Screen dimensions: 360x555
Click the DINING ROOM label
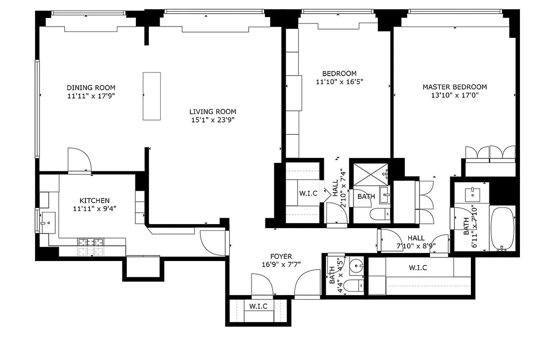click(91, 88)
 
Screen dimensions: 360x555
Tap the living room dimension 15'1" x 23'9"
click(212, 120)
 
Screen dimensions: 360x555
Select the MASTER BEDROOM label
click(454, 87)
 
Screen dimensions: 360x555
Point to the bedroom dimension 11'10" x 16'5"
click(339, 81)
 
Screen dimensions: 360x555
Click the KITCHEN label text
click(94, 201)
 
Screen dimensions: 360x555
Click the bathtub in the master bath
click(502, 228)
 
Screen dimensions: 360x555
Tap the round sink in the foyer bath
click(356, 266)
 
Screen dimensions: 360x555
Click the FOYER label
click(281, 256)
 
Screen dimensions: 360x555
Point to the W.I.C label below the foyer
click(258, 306)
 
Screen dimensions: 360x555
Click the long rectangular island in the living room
click(152, 96)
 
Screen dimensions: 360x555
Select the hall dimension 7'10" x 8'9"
click(416, 246)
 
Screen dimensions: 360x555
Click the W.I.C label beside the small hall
click(309, 193)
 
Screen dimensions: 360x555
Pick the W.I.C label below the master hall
click(418, 268)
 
